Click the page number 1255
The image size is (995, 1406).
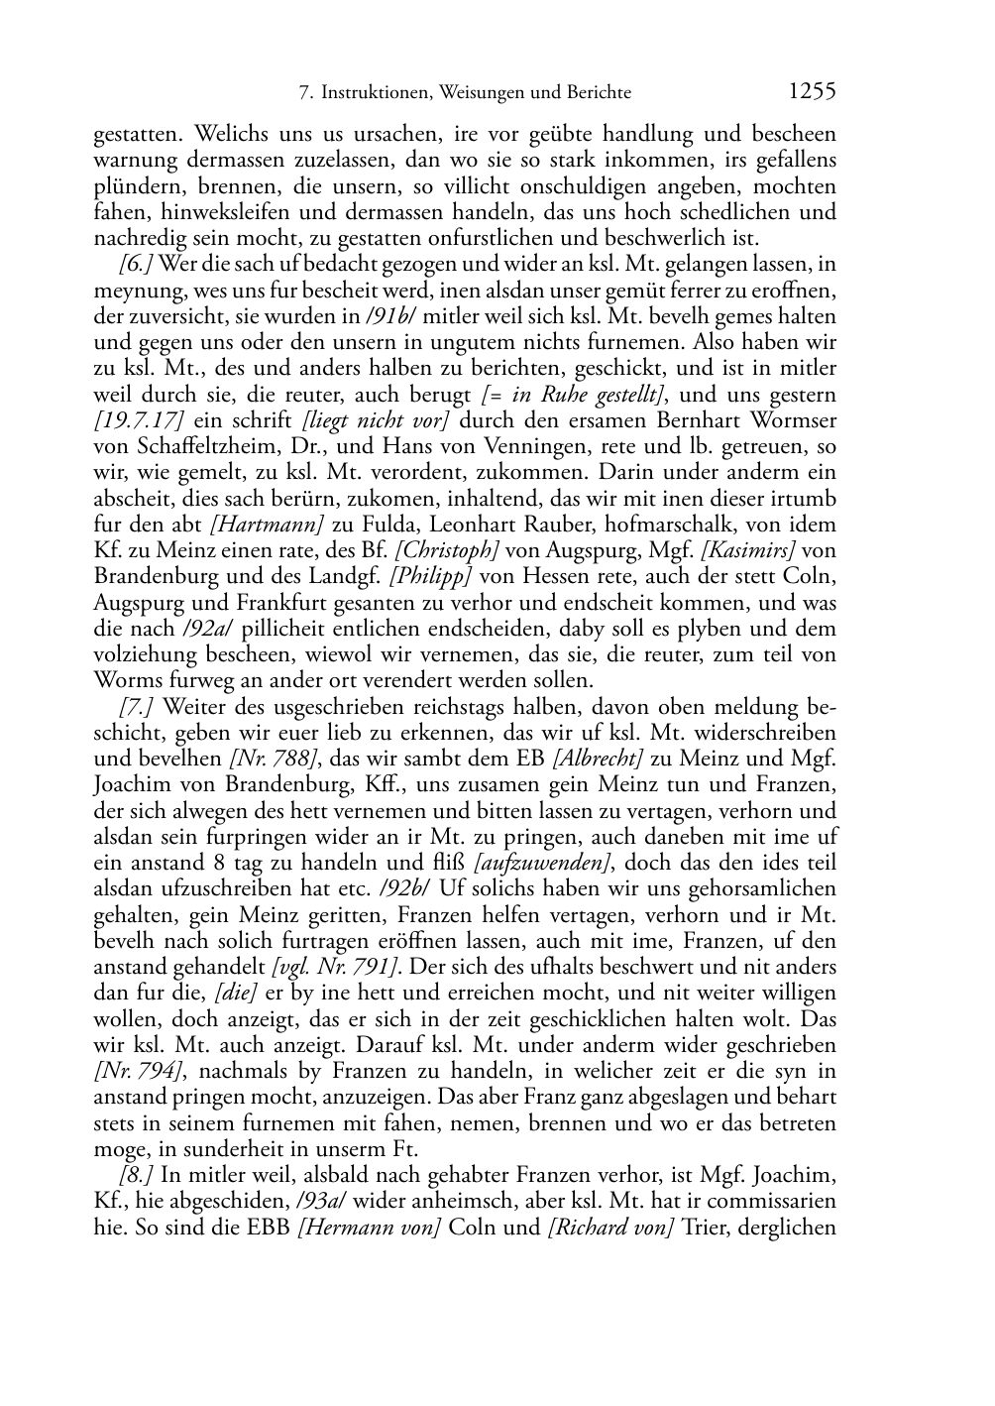813,92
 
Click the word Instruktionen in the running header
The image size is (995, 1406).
370,93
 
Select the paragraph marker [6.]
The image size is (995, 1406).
136,265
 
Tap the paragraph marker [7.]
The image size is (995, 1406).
138,707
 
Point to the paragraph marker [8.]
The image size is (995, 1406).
137,1176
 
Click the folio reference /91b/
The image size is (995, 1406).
392,316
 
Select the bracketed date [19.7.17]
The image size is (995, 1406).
140,420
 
